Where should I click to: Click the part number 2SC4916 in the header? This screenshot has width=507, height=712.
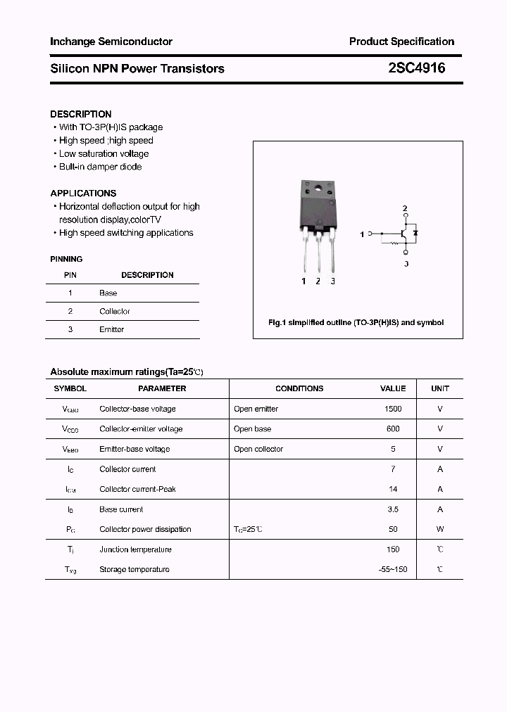pos(416,68)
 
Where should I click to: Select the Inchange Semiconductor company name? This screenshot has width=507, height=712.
pos(111,42)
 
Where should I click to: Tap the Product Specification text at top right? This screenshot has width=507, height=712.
pos(401,42)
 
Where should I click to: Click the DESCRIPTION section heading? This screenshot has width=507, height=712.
pos(80,114)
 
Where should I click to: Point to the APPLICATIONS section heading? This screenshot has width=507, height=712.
pos(83,193)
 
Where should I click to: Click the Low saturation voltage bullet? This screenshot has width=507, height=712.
pos(104,153)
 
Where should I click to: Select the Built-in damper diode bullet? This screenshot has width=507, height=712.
pos(100,167)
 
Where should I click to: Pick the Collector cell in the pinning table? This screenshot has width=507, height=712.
pos(114,311)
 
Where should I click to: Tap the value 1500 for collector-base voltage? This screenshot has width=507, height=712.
pos(393,409)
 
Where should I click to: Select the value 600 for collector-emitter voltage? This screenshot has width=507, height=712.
pos(393,428)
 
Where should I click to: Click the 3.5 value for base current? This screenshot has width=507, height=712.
pos(393,509)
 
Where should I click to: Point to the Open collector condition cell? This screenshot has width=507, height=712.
pos(258,449)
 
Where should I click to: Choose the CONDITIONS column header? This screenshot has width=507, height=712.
pos(299,388)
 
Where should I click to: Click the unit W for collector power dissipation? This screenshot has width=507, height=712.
pos(440,529)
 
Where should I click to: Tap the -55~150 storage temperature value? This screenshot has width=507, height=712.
pos(393,569)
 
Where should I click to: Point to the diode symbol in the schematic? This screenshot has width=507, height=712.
pos(415,232)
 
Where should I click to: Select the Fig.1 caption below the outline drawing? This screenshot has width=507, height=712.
pos(356,323)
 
